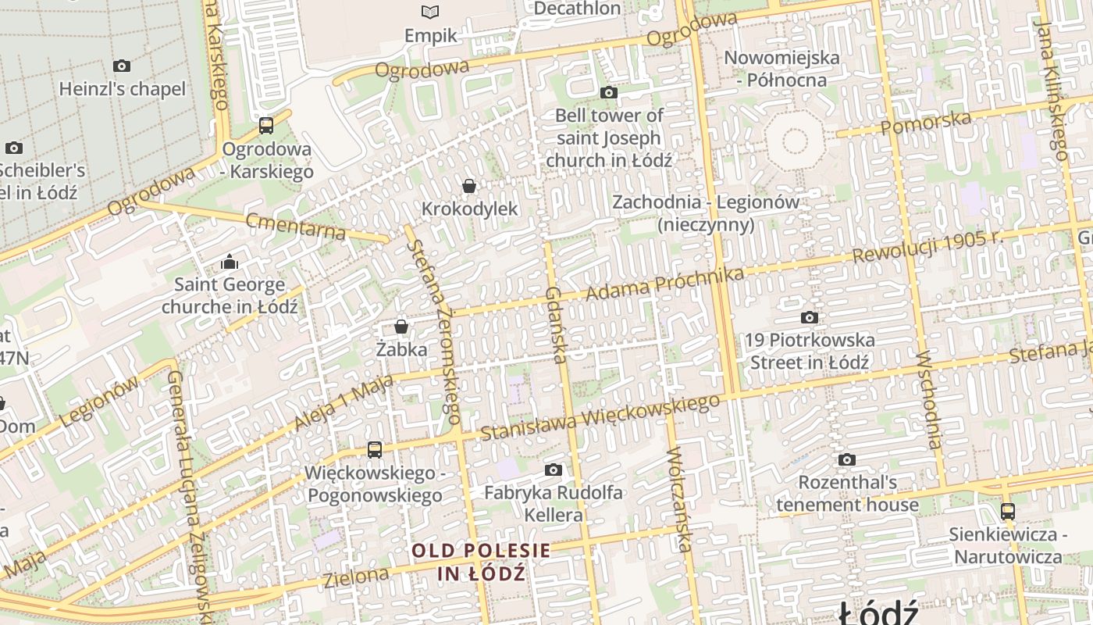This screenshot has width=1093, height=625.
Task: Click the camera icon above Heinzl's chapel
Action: tap(122, 66)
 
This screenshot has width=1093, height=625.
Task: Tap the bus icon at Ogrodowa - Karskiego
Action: tap(266, 125)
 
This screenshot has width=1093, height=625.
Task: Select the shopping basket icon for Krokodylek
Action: tap(469, 186)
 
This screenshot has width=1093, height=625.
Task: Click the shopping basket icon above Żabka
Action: tap(401, 326)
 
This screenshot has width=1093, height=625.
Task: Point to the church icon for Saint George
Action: tap(230, 261)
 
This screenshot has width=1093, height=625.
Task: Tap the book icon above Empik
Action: tap(430, 12)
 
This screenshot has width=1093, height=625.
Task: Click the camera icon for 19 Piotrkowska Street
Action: tap(810, 317)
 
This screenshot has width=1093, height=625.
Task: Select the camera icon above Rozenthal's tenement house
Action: tap(847, 459)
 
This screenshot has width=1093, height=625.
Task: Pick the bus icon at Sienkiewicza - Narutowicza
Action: tap(1008, 512)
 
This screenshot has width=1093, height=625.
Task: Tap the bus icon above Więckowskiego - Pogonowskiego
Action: tap(375, 449)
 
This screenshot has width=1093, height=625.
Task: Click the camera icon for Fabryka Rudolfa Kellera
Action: tap(554, 470)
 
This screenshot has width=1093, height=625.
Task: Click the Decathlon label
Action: tap(577, 9)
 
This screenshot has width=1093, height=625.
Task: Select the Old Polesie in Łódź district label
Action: tap(481, 562)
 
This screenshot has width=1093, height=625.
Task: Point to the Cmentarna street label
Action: tap(295, 226)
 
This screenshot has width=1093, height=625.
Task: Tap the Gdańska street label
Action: tap(555, 324)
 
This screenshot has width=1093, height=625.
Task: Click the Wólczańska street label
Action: tap(679, 500)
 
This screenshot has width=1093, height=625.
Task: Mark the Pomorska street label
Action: tap(926, 123)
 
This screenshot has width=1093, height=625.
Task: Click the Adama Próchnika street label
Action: tap(664, 284)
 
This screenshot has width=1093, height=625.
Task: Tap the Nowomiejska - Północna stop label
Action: tap(781, 68)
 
